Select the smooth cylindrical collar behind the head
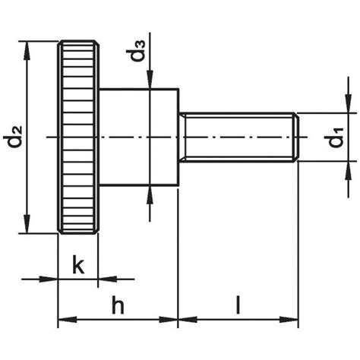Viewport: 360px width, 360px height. point(137,137)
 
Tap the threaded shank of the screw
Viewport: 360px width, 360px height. point(239,137)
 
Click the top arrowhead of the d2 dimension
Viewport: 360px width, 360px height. point(29,48)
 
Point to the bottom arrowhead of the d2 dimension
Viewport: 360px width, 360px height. point(29,227)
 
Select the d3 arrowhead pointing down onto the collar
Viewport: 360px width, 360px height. point(152,82)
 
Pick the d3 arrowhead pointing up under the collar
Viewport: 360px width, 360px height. point(152,193)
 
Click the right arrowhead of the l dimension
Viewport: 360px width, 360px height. point(292,319)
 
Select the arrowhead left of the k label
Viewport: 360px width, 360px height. point(52,279)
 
